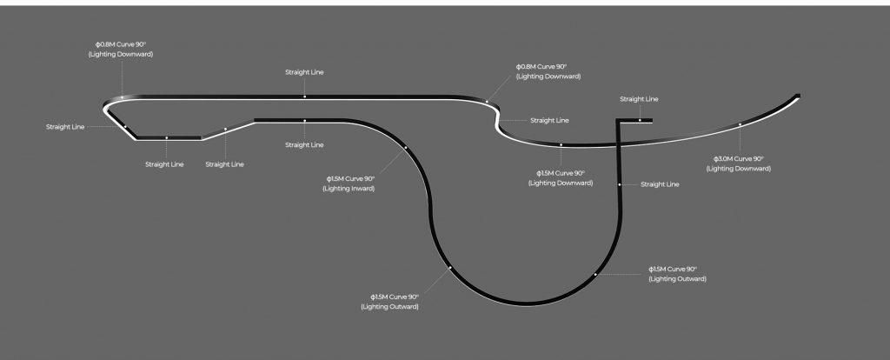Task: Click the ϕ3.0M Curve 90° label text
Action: pos(738,159)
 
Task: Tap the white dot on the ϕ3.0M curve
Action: pos(740,124)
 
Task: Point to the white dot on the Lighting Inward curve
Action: pos(406,149)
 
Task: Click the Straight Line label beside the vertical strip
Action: pos(660,184)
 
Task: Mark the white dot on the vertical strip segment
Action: pos(620,184)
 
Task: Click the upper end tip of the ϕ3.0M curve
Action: pos(798,96)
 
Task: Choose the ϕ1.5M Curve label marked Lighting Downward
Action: pos(561,173)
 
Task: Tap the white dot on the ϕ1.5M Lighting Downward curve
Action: pos(561,144)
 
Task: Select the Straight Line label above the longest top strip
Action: pos(304,72)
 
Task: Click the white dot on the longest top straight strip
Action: pos(304,96)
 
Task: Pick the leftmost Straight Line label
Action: pos(65,127)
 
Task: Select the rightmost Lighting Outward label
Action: pos(677,279)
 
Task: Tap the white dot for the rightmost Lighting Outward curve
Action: pos(595,275)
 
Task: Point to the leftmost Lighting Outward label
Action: pos(389,307)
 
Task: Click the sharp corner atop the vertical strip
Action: pos(618,120)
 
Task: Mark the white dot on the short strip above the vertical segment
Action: pos(640,120)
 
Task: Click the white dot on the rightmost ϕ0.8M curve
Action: pos(488,102)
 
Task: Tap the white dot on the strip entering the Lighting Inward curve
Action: pos(304,120)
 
